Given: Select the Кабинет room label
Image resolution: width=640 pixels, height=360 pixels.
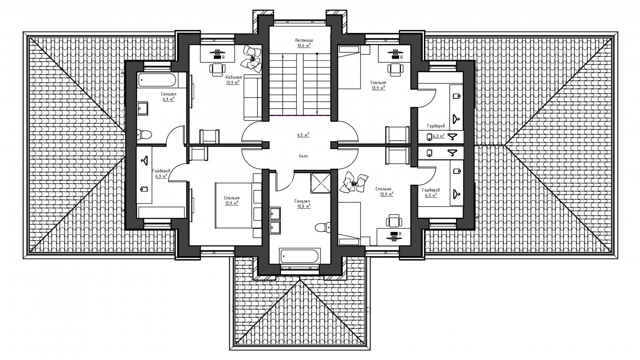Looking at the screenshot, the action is [234, 77].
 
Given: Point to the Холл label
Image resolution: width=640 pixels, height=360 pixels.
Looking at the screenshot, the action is [303, 156].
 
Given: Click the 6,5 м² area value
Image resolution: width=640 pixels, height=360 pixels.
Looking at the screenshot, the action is [303, 135].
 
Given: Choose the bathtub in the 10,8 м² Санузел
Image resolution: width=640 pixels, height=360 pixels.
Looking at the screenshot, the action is [300, 256].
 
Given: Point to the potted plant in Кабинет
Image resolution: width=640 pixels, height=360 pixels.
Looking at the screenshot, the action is [252, 59].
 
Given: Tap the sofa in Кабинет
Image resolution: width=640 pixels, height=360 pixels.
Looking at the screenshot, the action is [252, 98].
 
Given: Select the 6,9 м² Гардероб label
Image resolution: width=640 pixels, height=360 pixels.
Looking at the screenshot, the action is [161, 173].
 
